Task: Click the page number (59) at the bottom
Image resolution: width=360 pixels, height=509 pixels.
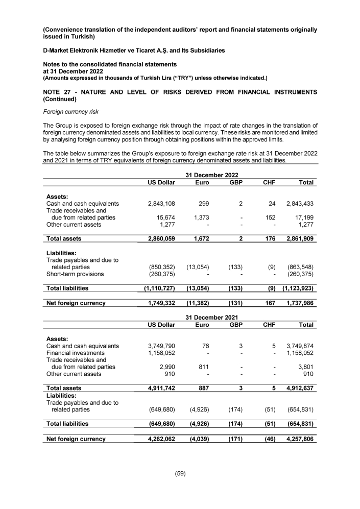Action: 180,473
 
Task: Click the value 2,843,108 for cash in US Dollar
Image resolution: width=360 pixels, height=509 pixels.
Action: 159,204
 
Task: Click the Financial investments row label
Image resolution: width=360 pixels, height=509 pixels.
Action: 75,353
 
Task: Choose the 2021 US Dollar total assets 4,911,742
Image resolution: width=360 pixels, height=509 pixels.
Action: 159,388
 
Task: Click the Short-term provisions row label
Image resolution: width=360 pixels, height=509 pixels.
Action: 75,274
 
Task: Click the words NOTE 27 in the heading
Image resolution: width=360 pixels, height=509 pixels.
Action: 59,92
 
